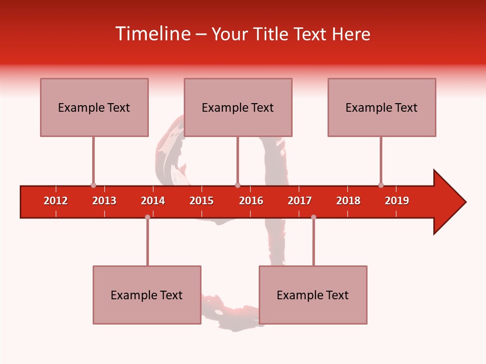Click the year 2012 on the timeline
coord(56,201)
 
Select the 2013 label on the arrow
coord(104,201)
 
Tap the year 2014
coord(153,201)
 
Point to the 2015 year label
coord(201,201)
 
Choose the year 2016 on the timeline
coord(251,201)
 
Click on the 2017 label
coord(300,201)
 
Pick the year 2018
coord(348,201)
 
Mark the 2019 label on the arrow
coord(397,201)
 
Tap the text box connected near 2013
coord(94,107)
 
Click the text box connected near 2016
coord(238,107)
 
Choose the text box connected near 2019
coord(382,107)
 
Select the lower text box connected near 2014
coord(147,295)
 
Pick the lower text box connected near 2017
coord(313,295)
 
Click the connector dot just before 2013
coord(93,186)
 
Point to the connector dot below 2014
coord(147,217)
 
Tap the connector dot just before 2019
coord(381,186)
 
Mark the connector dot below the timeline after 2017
coord(313,217)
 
